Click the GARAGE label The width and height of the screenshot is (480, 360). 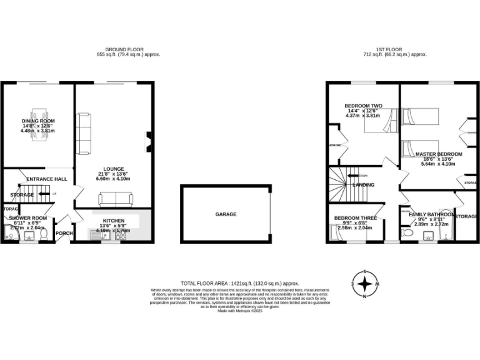click(x=226, y=214)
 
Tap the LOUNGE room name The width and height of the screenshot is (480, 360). click(x=114, y=169)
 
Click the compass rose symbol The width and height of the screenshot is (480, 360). click(x=365, y=284)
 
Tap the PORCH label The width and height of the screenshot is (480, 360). click(x=64, y=233)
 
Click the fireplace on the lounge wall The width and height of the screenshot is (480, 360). click(x=148, y=141)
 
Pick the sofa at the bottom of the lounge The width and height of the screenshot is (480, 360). click(x=116, y=199)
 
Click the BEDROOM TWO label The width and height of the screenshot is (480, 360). click(x=363, y=106)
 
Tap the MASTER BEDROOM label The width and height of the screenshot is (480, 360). click(x=439, y=154)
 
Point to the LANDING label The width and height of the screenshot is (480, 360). click(x=363, y=185)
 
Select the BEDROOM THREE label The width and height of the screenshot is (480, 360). click(x=354, y=218)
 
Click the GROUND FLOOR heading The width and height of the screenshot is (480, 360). click(x=124, y=49)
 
